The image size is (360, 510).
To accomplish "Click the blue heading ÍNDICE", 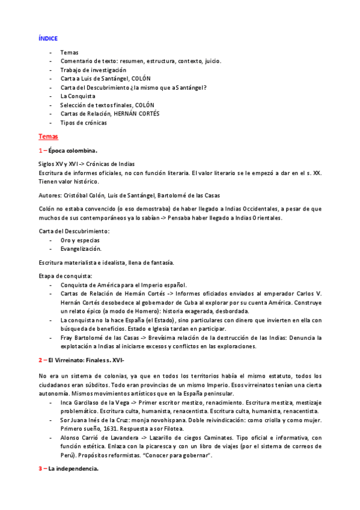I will pyautogui.click(x=47, y=38).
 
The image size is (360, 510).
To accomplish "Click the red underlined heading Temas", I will pyautogui.click(x=47, y=137).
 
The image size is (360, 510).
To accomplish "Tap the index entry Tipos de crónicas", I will pyautogui.click(x=84, y=123).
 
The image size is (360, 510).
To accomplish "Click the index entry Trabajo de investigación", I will pyautogui.click(x=93, y=70).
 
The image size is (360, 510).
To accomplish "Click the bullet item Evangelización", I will pyautogui.click(x=81, y=248).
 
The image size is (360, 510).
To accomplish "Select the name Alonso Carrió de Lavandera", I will pyautogui.click(x=99, y=438).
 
